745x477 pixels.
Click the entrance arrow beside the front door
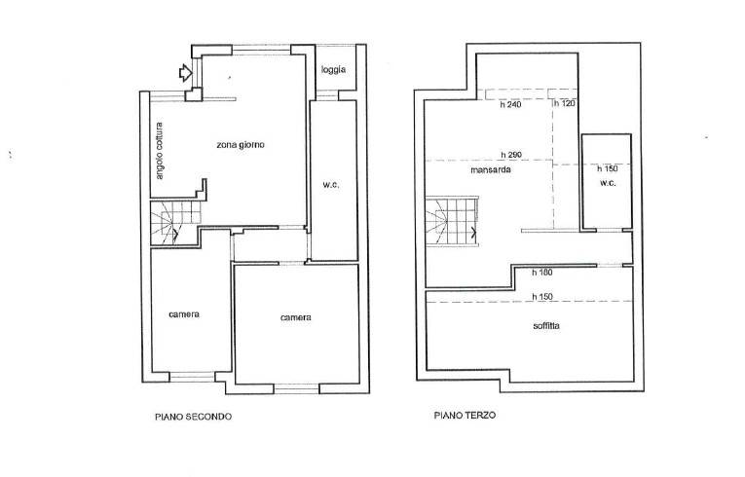click(185, 73)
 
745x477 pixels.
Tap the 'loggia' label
click(333, 70)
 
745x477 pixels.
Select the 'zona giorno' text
click(241, 145)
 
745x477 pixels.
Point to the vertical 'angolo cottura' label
click(159, 151)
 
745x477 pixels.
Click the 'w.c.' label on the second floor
click(331, 185)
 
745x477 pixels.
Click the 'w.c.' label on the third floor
click(608, 183)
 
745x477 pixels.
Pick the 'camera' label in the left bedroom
click(184, 314)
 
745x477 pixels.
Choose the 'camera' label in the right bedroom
click(295, 317)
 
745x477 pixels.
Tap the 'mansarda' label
click(491, 169)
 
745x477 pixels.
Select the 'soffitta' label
click(546, 326)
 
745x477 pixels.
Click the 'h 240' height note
click(510, 104)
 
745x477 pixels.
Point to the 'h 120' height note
click(565, 103)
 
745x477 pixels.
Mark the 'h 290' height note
click(511, 155)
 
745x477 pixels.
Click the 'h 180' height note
click(542, 273)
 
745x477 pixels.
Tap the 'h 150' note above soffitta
click(542, 297)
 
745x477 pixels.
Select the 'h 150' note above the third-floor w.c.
click(608, 168)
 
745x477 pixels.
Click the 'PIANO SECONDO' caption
click(194, 418)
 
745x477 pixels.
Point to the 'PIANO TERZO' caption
click(466, 416)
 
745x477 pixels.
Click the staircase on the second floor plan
click(175, 222)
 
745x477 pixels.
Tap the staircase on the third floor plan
click(451, 222)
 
